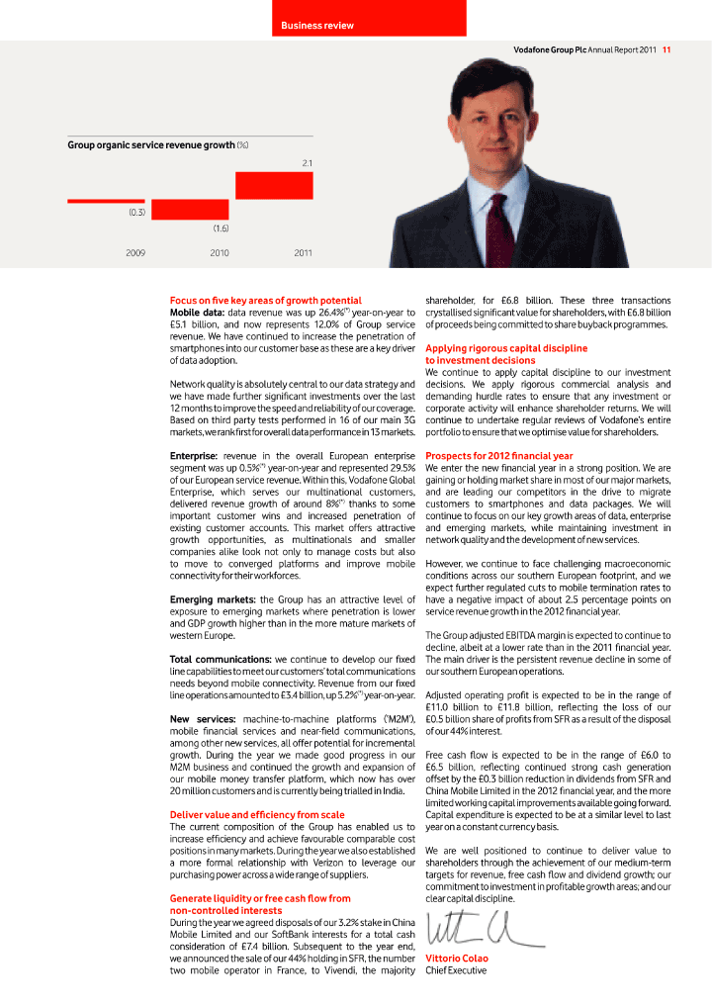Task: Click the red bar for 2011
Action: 274,186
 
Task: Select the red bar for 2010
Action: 190,210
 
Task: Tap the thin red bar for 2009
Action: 106,201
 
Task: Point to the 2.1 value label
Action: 307,162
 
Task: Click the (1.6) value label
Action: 221,229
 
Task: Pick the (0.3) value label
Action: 136,212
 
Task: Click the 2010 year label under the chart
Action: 220,253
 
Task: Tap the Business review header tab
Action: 316,25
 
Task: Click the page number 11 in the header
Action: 667,49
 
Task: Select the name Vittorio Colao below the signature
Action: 456,959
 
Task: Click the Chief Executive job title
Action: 456,970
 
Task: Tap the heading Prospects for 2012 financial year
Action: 498,456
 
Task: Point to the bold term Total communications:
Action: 222,659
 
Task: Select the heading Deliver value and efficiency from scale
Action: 257,815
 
